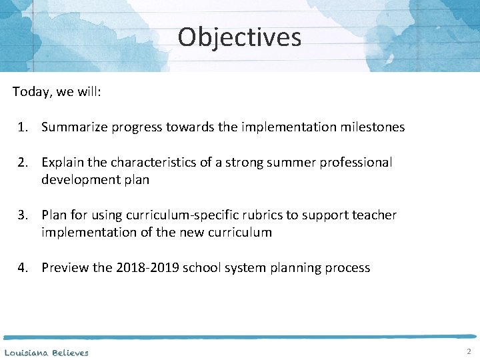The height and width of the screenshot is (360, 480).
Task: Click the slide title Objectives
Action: click(239, 37)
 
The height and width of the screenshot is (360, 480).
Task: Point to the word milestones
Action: click(373, 127)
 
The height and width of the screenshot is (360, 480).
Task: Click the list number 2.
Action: click(23, 162)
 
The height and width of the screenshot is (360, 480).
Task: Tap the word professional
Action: click(350, 162)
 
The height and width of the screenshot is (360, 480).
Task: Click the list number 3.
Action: click(23, 215)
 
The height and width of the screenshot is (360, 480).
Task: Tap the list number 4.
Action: click(23, 267)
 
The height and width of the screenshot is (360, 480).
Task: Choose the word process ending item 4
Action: click(346, 267)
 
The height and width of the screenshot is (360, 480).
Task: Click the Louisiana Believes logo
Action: click(46, 352)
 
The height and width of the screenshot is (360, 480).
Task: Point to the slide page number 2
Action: click(469, 351)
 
